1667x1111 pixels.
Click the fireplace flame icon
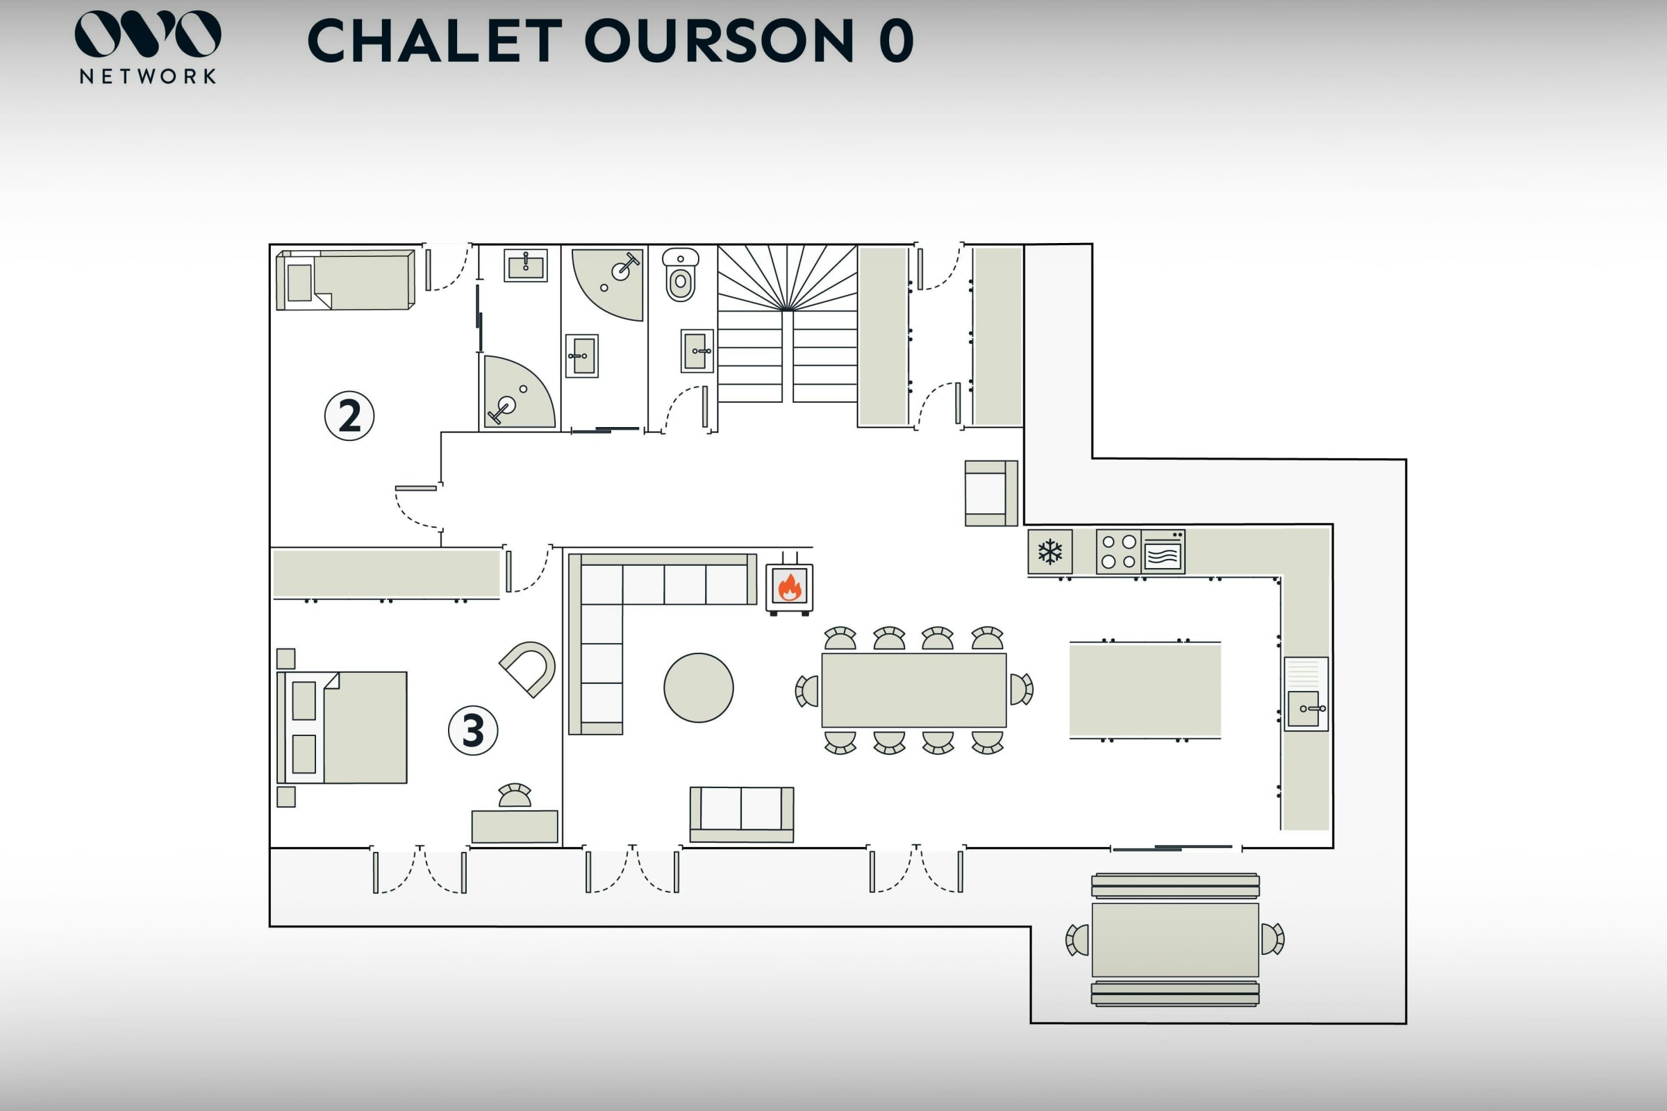pos(789,587)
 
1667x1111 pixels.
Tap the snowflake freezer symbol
pos(1050,551)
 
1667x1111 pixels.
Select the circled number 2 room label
pos(349,416)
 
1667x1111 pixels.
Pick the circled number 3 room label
pos(473,730)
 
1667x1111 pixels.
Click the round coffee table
pos(698,687)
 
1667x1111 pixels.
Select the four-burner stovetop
pos(1118,551)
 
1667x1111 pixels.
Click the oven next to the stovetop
pos(1162,552)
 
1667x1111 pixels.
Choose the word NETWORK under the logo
pos(147,76)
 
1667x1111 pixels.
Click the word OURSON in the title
pos(719,41)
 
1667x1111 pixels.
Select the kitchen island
pos(1145,690)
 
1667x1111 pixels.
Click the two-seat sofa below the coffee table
pos(741,813)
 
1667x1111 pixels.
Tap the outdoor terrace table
pos(1175,939)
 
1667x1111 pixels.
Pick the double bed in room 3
pos(342,727)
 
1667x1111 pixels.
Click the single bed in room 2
pos(345,280)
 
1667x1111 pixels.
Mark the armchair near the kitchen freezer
pos(990,493)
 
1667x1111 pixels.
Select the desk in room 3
pos(515,826)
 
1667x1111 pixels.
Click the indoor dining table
pos(913,690)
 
